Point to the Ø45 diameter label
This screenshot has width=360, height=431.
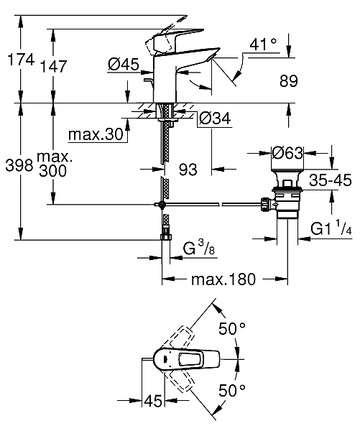click(x=124, y=65)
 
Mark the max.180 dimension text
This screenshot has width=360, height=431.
click(x=222, y=280)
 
